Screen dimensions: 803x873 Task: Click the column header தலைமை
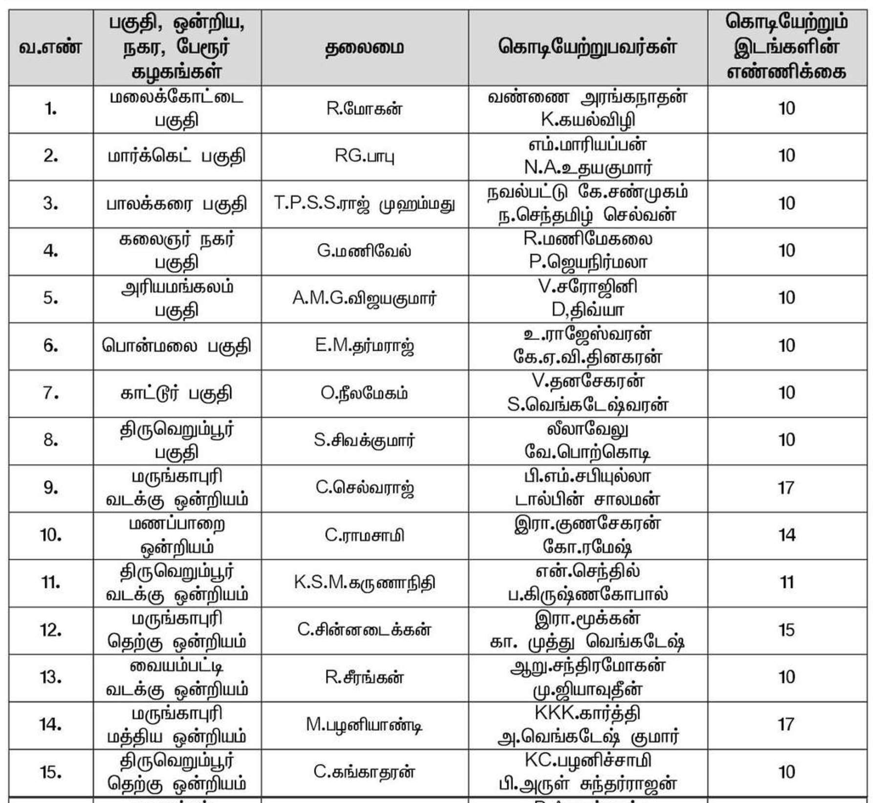tap(365, 48)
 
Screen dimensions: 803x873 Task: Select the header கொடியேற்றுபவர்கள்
tap(588, 47)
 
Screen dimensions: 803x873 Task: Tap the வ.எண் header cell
tap(50, 48)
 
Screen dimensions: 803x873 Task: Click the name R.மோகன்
tap(365, 109)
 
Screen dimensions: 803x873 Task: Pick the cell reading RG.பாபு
tap(365, 156)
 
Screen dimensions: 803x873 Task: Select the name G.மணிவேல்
tap(365, 251)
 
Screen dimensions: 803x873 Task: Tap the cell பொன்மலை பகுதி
tap(176, 346)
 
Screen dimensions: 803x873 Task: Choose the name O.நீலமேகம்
tap(365, 393)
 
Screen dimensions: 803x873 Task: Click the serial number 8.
tap(50, 440)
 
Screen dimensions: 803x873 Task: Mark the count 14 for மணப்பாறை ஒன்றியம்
tap(786, 535)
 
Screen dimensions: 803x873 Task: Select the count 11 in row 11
tap(786, 582)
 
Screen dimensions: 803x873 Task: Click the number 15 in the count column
tap(786, 630)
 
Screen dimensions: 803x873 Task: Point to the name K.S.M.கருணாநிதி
tap(365, 582)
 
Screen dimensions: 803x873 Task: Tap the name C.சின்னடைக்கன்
tap(365, 630)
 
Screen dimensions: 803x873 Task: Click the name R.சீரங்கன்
tap(365, 677)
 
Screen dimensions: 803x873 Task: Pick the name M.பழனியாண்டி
tap(365, 725)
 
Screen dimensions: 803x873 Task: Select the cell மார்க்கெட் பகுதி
tap(176, 156)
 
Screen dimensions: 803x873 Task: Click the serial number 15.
tap(50, 772)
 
